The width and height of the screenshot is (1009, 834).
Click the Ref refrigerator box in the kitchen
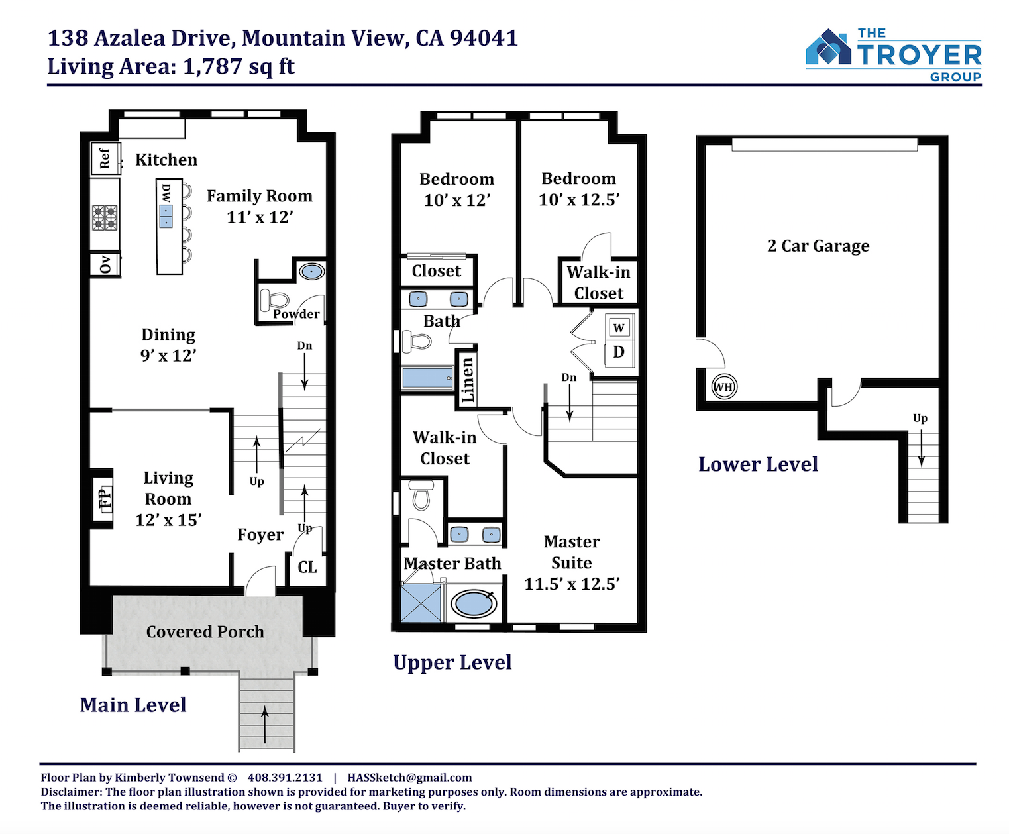tap(105, 158)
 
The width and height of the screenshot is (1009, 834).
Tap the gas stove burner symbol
tap(105, 218)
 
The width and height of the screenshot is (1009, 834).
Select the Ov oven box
tap(105, 264)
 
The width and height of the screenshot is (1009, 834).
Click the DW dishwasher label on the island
tap(166, 193)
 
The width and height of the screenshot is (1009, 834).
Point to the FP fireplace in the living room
tap(103, 498)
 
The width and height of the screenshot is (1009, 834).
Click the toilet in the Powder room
tap(274, 300)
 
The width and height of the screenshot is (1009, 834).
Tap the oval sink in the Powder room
tap(311, 271)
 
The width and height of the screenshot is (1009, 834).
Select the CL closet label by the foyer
tap(307, 567)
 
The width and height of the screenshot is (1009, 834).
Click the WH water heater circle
tap(724, 387)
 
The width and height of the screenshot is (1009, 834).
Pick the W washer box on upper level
tap(619, 328)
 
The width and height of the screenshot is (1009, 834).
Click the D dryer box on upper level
tap(619, 352)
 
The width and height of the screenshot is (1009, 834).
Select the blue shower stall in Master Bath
tap(421, 603)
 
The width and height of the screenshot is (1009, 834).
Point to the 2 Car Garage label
tap(818, 246)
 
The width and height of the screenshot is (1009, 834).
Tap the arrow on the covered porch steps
tap(265, 724)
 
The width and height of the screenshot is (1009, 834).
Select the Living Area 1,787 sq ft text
tap(170, 66)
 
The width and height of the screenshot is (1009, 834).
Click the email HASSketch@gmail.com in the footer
tap(409, 778)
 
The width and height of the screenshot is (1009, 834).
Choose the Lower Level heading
tap(758, 464)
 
